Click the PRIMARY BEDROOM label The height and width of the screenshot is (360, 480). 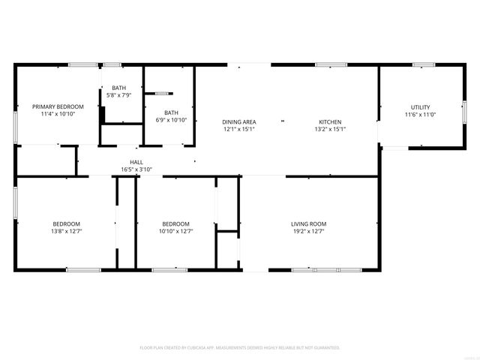58,107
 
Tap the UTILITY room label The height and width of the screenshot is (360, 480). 420,107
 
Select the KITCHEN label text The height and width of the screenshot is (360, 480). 330,121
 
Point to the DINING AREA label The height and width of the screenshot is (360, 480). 239,121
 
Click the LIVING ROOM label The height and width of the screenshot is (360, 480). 308,223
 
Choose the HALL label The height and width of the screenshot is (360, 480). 136,162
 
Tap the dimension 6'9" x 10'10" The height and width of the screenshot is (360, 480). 170,120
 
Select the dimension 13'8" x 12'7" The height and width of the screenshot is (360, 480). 66,231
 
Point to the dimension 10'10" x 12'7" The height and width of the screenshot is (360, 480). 176,231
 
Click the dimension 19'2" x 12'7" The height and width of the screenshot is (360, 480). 308,231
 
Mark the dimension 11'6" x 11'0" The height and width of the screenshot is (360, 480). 420,115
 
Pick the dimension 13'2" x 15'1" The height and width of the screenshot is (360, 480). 330,129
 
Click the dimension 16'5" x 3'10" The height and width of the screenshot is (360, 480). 136,169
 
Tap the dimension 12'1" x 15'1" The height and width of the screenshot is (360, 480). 239,129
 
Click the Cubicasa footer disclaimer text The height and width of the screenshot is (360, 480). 240,348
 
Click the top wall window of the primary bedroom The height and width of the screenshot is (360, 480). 79,65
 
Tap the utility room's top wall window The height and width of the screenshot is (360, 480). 423,65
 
